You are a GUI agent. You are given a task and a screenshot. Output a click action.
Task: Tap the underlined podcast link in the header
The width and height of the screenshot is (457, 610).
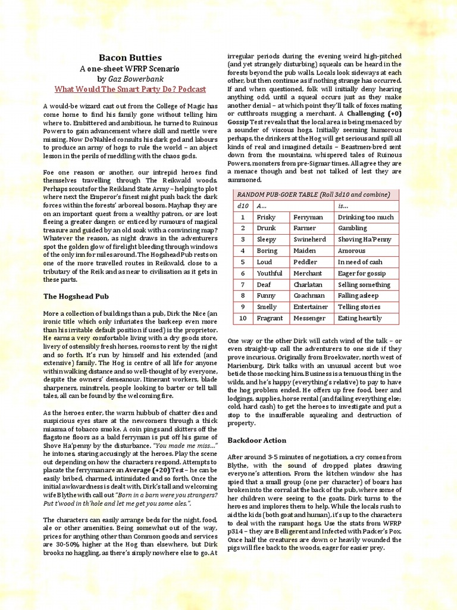[130, 89]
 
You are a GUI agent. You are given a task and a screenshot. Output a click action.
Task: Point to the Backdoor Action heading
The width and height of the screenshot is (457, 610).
[256, 440]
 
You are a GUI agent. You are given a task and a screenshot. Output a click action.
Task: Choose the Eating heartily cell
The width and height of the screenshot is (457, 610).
[359, 318]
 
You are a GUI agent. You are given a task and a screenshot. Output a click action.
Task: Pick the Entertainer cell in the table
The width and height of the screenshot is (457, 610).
[311, 307]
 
